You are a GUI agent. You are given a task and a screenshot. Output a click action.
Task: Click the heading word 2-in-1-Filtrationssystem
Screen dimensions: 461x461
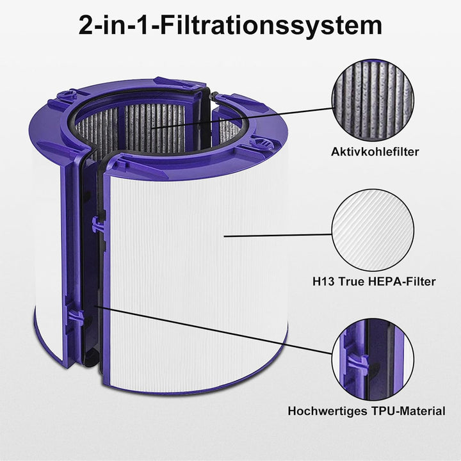230,26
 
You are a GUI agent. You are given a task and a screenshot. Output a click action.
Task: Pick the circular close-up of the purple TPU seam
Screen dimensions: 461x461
372,356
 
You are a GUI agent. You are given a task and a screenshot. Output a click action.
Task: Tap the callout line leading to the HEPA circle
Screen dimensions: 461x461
275,236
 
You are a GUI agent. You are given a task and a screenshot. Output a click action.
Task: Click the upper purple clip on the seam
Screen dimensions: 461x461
97,224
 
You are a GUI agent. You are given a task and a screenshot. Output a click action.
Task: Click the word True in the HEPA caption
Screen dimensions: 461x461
352,281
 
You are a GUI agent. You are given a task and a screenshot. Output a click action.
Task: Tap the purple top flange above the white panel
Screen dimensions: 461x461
192,160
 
